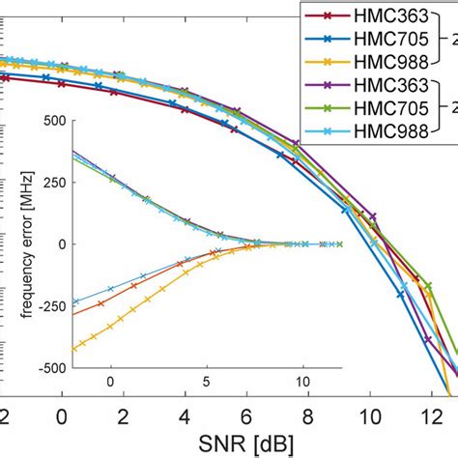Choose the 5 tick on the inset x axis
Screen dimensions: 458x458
pyautogui.click(x=207, y=382)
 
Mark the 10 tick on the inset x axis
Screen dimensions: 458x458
pyautogui.click(x=303, y=382)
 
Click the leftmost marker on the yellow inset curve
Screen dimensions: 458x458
pyautogui.click(x=73, y=349)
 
